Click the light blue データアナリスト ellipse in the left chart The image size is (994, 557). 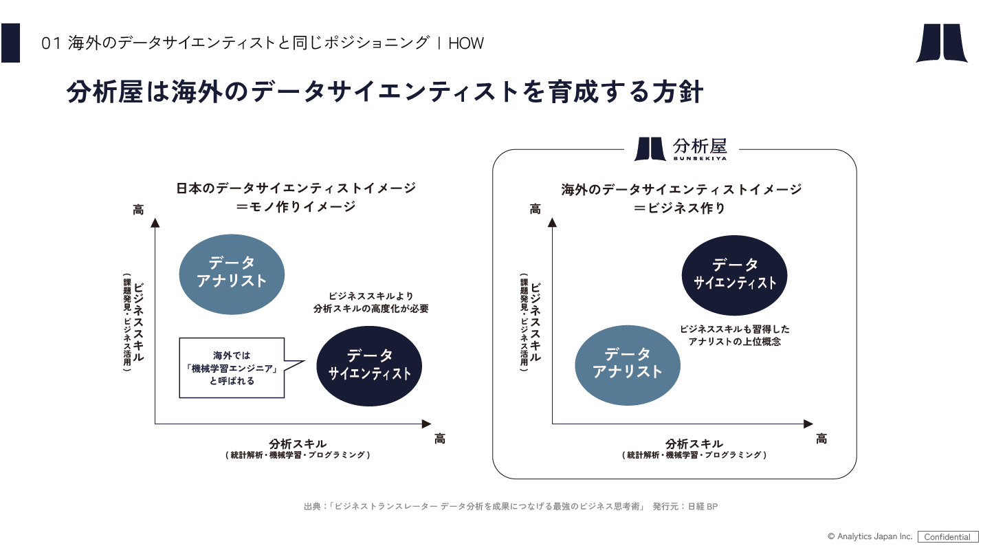coord(232,272)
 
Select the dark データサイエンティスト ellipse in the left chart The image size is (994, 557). coord(369,365)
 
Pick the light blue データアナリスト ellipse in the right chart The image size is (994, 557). coord(627,364)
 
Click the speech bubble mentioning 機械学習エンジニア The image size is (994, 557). coord(232,368)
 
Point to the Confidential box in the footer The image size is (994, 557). coord(947,537)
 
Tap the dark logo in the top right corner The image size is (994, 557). coord(941,43)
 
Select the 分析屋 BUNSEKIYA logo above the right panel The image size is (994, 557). coord(681,149)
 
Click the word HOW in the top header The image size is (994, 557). coord(466,43)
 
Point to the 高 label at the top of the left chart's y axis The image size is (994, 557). coord(138,209)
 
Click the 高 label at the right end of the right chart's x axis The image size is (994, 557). coord(821,439)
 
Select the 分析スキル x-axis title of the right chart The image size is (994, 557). coord(694,444)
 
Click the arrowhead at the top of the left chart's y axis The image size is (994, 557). coord(155,222)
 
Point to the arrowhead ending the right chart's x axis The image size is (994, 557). coord(808,424)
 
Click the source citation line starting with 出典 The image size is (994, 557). coord(511,507)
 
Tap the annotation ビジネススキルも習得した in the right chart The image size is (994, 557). coord(735,329)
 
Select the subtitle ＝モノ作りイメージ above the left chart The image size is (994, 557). coord(296,206)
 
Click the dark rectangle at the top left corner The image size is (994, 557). coord(10,43)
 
